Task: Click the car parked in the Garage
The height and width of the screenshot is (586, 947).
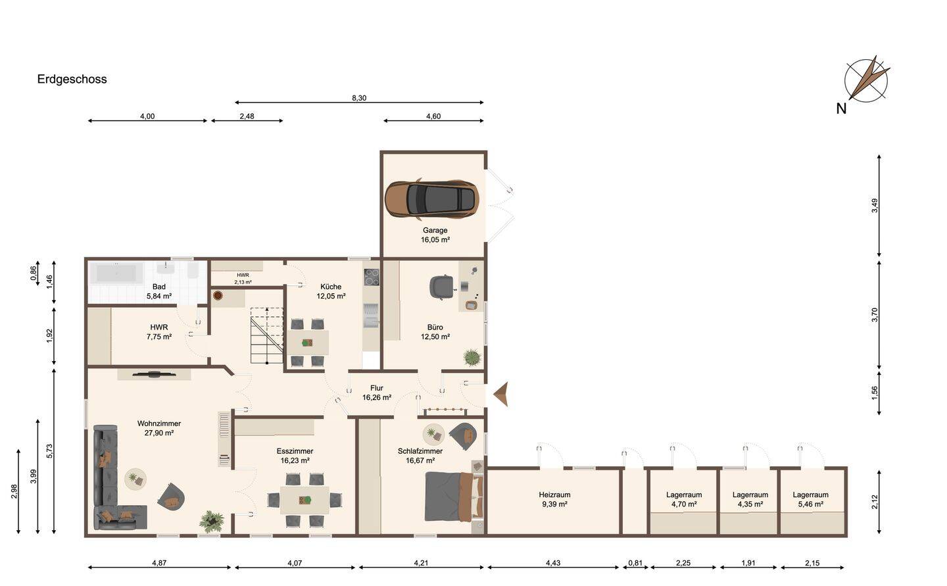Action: coord(431,199)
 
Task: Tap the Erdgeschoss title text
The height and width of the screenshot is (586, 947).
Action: coord(72,80)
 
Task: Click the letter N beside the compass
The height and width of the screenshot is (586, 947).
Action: coord(841,109)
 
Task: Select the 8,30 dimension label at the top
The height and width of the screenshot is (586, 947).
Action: coord(359,98)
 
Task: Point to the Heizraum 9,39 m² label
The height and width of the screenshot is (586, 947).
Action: coord(554,499)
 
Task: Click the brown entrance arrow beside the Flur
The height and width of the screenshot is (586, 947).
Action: coord(500,394)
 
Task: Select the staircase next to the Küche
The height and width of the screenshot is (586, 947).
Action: coord(266,335)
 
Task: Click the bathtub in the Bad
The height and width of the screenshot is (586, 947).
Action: coord(116,273)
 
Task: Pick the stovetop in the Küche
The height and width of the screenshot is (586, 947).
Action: coord(372,278)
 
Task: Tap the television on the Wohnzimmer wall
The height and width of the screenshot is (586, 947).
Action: coord(153,374)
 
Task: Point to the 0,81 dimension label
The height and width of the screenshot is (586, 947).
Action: coord(635,563)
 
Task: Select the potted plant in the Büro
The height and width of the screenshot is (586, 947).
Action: coord(472,357)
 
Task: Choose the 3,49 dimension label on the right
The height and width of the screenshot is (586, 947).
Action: coord(874,206)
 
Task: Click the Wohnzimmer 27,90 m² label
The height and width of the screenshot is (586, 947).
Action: coord(159,428)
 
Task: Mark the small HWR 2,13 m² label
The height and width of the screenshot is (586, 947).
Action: coord(243,279)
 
